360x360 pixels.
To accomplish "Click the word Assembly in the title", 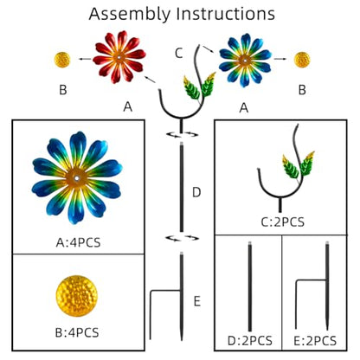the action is (x=130, y=14).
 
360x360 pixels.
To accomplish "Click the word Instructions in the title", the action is (x=226, y=13).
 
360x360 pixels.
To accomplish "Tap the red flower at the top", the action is (x=119, y=57).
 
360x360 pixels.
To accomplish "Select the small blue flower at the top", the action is (x=245, y=61).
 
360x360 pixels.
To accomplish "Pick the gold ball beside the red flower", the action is (x=62, y=60).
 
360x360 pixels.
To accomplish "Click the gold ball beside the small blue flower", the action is (x=302, y=60).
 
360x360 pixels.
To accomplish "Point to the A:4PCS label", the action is (x=78, y=242).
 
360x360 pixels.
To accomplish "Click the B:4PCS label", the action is (x=77, y=332).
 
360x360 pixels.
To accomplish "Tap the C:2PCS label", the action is (x=283, y=222).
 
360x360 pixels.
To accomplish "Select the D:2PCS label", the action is (x=250, y=341).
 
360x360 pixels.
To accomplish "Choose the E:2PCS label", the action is (x=315, y=341).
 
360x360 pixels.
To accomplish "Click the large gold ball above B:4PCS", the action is (x=77, y=296).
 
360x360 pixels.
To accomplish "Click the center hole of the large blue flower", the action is (x=77, y=178).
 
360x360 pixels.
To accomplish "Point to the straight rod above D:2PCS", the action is (x=250, y=286).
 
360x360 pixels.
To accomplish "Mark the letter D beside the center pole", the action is (x=196, y=192).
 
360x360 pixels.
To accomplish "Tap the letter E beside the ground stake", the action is (x=197, y=301).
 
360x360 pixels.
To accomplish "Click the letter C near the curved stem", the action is (x=179, y=53).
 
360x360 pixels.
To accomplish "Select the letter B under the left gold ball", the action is (x=63, y=90).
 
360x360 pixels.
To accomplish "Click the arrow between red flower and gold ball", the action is (x=85, y=59).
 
